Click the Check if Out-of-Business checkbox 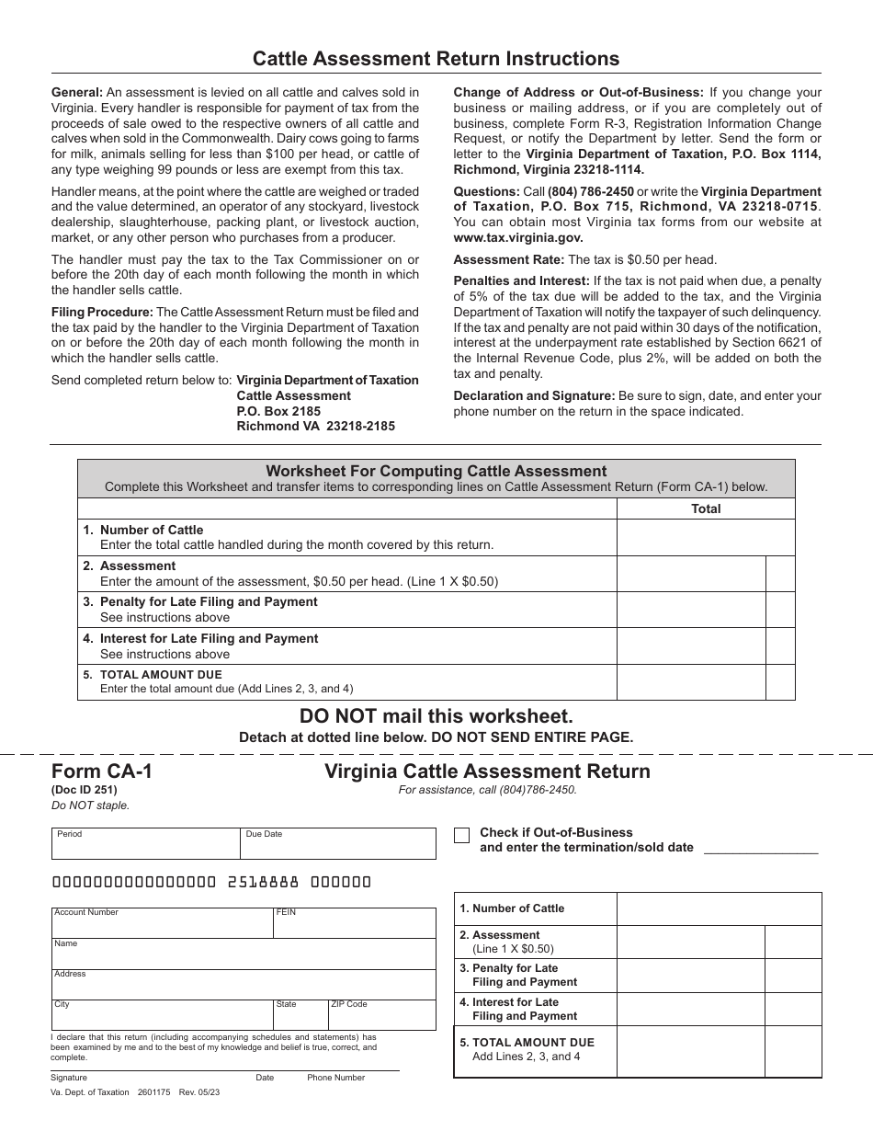(462, 835)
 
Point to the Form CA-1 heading (102, 771)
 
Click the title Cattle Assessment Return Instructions (436, 59)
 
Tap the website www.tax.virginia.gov (518, 236)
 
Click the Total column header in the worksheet (706, 508)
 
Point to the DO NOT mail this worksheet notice (436, 715)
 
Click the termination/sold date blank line (760, 847)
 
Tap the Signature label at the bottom (69, 1078)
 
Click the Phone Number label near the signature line (336, 1078)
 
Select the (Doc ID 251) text (85, 789)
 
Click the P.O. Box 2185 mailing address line (279, 411)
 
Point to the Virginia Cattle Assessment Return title (487, 771)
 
